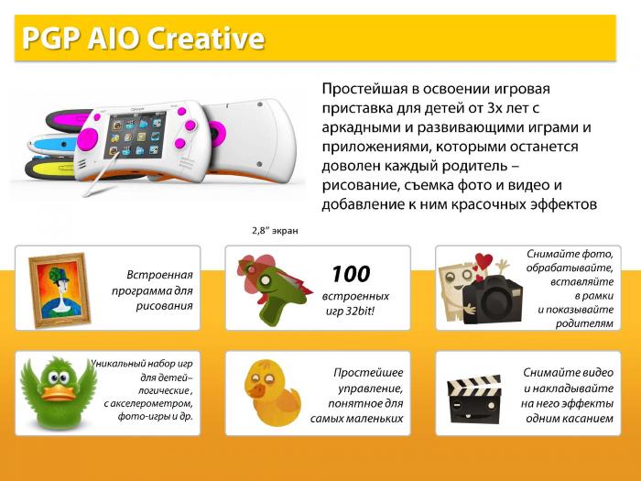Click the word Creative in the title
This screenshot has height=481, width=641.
click(x=206, y=38)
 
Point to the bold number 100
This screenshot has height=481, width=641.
click(x=351, y=274)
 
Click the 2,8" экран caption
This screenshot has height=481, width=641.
click(x=275, y=231)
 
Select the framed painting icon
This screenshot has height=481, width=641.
click(x=60, y=290)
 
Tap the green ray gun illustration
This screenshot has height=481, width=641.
click(x=273, y=290)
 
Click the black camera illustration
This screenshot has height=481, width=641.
click(x=492, y=300)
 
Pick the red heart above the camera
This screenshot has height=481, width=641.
click(x=484, y=261)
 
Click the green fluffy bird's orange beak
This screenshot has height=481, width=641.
click(x=58, y=392)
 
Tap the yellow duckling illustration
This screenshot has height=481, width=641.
click(x=272, y=392)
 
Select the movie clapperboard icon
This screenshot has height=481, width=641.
click(x=474, y=399)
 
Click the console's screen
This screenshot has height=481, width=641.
click(x=136, y=135)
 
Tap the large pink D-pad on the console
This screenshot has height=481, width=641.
click(x=88, y=139)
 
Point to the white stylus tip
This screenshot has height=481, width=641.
click(x=85, y=194)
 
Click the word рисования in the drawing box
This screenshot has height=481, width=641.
click(x=164, y=306)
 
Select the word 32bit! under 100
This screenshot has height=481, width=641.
click(x=360, y=312)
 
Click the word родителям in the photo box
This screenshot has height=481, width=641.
click(x=584, y=323)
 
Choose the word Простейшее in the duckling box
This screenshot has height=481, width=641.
click(x=368, y=373)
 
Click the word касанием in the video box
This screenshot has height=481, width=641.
click(x=591, y=419)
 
